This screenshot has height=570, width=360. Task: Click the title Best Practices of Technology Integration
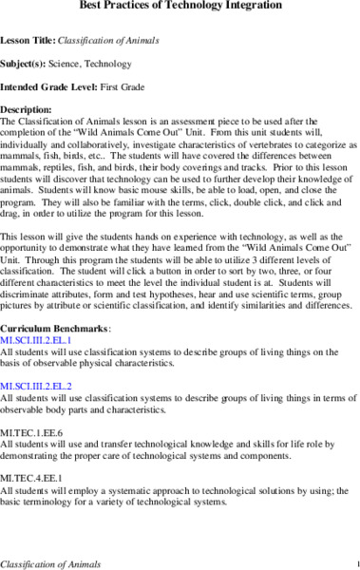(x=180, y=8)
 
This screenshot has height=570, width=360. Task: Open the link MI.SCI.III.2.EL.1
(x=48, y=339)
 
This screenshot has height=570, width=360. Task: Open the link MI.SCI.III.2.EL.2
(x=48, y=386)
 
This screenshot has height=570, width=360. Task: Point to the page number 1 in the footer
(x=355, y=562)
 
